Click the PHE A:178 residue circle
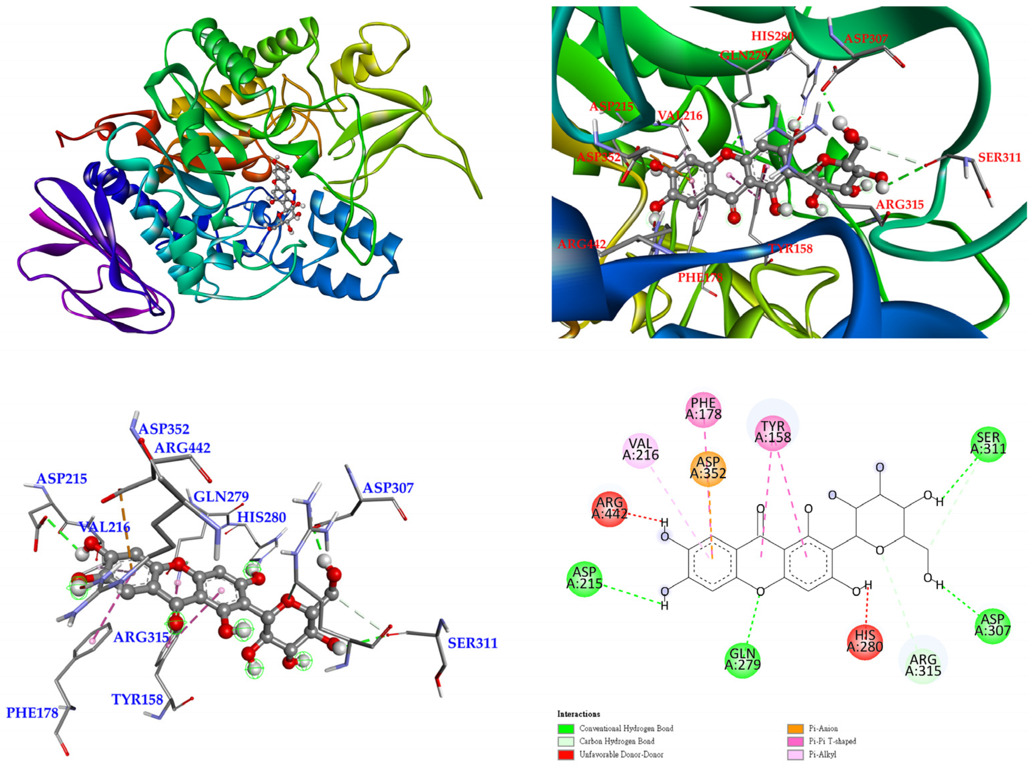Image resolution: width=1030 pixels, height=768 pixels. pos(703,409)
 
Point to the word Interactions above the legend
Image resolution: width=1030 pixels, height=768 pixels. pos(579,714)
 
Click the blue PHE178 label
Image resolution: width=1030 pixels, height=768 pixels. pos(32,713)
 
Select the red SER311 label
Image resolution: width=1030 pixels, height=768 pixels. pos(999,158)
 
